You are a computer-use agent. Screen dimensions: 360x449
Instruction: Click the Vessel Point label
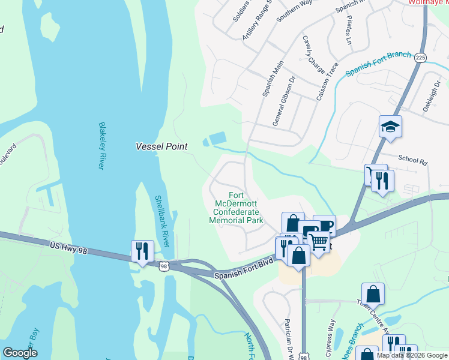pyautogui.click(x=161, y=146)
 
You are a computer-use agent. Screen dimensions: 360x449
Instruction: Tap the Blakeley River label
pyautogui.click(x=101, y=146)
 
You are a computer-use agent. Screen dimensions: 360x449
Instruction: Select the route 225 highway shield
pyautogui.click(x=420, y=57)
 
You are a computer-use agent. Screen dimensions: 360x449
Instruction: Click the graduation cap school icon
pyautogui.click(x=390, y=127)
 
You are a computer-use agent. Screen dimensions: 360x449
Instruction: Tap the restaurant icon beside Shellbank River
pyautogui.click(x=142, y=251)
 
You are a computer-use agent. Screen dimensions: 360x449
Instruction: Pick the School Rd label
pyautogui.click(x=412, y=160)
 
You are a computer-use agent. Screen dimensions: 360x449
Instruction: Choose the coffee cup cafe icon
pyautogui.click(x=324, y=227)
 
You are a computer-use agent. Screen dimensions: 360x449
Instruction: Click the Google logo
pyautogui.click(x=20, y=353)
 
